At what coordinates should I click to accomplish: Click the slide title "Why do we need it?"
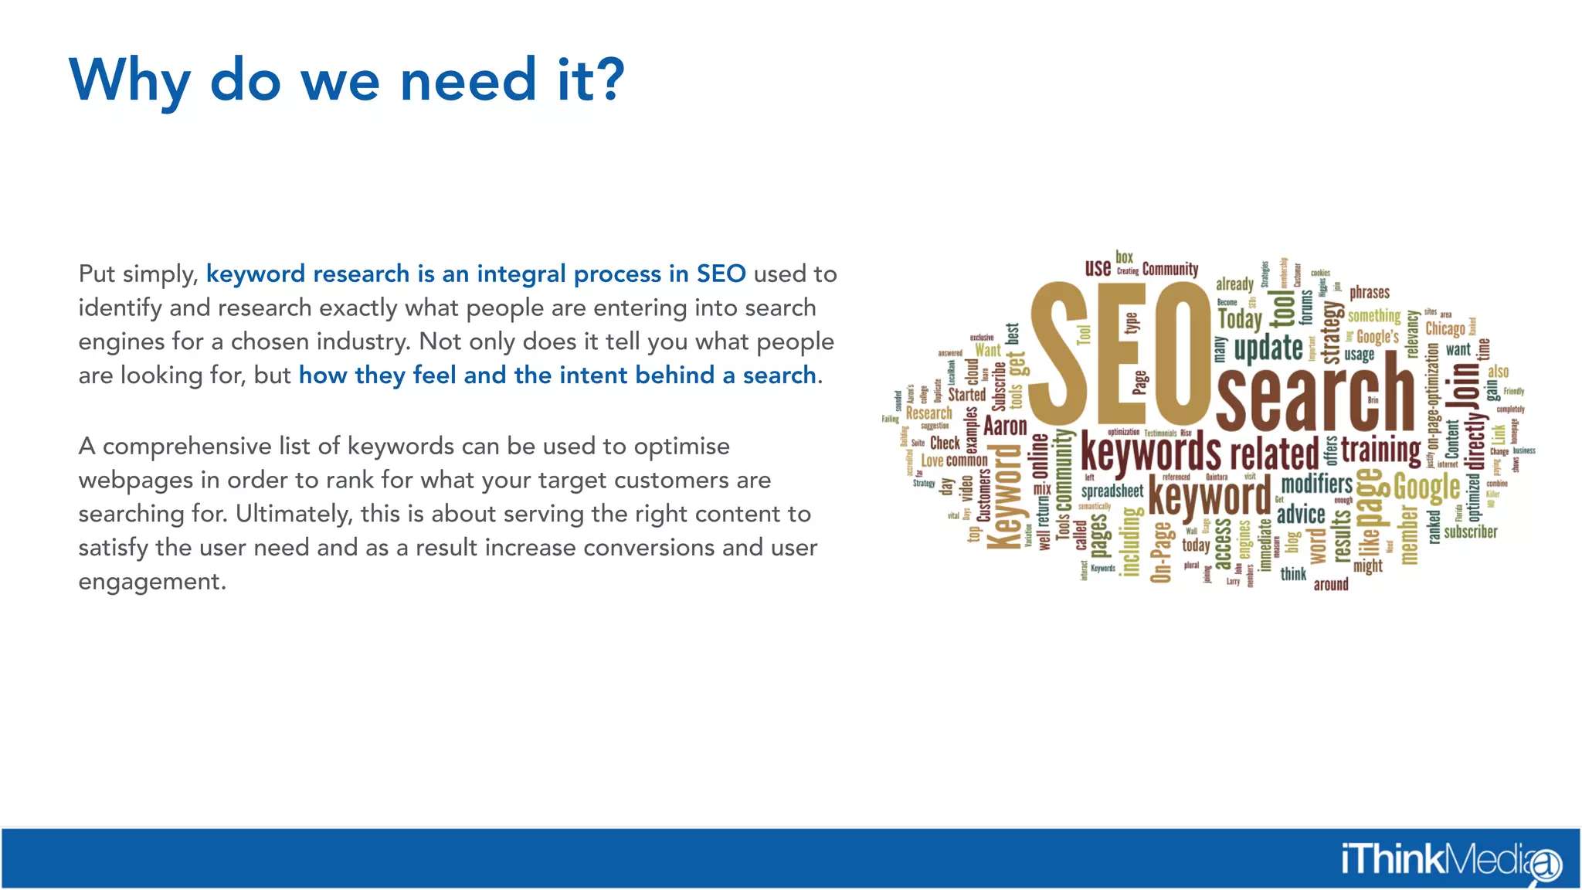347,80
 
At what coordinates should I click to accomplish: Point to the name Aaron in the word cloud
1005,426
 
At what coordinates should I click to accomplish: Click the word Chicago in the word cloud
1445,328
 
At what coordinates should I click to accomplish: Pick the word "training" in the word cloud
1380,449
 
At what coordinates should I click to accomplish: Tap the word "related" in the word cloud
1274,453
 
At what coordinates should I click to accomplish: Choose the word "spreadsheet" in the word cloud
1112,491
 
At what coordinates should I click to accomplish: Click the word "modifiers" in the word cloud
1317,484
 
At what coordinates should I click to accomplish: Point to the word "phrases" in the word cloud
1370,293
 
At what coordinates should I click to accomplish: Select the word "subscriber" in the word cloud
1470,532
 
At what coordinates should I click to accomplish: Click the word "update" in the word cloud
1268,348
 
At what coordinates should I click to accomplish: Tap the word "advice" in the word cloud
1301,514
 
